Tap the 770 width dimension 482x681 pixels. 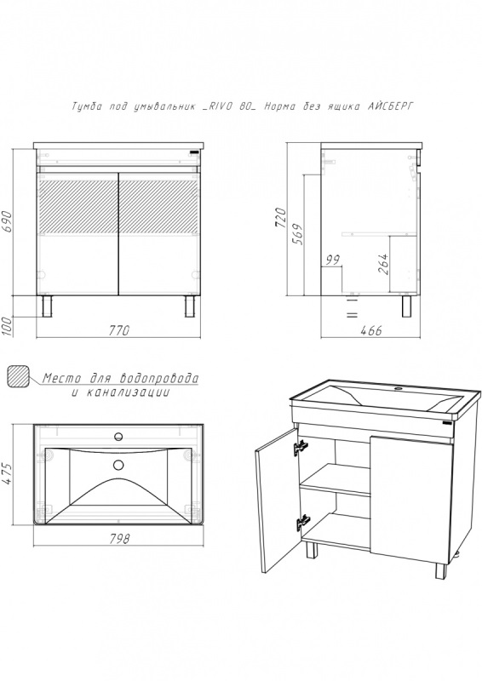118,331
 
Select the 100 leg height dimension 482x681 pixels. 6,327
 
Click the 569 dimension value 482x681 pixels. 298,234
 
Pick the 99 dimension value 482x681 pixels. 332,260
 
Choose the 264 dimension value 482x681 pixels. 383,264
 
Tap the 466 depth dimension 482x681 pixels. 371,331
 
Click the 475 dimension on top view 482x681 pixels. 6,475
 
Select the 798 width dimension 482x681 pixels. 118,539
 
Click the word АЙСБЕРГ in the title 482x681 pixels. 390,106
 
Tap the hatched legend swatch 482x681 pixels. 18,376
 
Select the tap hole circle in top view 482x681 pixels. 118,437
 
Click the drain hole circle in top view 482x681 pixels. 118,465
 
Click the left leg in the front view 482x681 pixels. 47,306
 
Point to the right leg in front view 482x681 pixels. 190,306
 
